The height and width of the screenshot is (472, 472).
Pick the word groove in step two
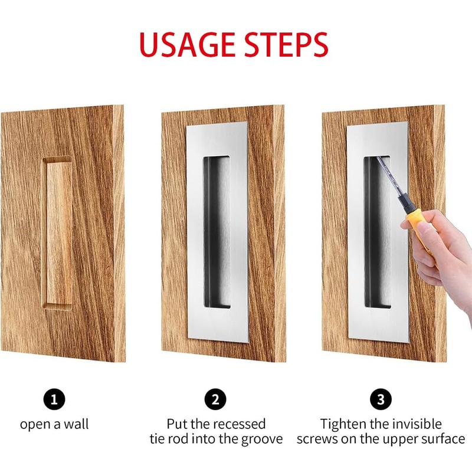point(261,440)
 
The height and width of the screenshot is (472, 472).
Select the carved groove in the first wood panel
point(57,233)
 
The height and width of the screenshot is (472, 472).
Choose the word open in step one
point(34,424)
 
